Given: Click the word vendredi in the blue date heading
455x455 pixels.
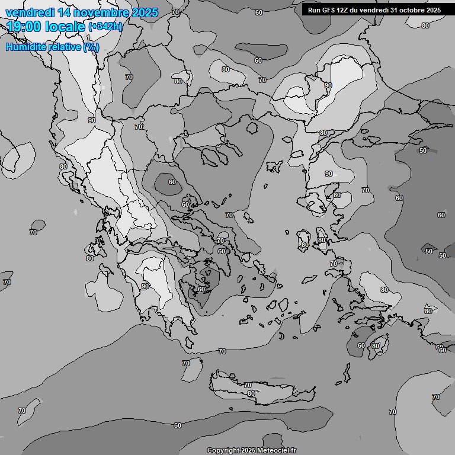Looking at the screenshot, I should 30,12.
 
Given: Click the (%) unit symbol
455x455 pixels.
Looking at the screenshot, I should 91,47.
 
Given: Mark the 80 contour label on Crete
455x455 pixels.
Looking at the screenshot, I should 251,393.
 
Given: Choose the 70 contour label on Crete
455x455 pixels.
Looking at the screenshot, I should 248,385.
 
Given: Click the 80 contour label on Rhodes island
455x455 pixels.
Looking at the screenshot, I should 375,346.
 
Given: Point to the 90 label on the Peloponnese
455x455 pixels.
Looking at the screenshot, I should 145,286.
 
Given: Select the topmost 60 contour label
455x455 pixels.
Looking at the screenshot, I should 259,12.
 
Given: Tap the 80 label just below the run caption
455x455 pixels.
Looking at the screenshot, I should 425,25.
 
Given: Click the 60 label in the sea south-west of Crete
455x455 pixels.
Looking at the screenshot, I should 178,425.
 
